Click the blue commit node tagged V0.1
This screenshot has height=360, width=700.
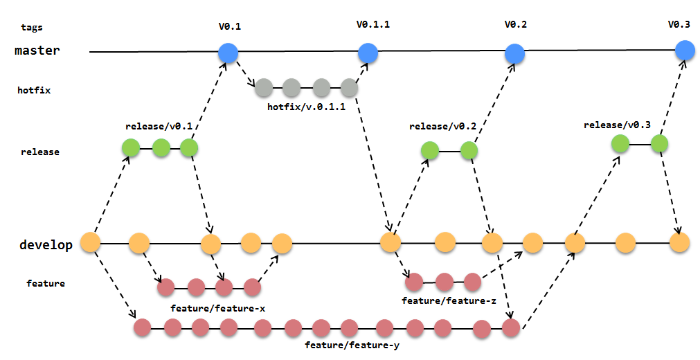pyautogui.click(x=228, y=53)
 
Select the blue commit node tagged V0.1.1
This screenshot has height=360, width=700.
pyautogui.click(x=368, y=53)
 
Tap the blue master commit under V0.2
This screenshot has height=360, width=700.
pyautogui.click(x=514, y=53)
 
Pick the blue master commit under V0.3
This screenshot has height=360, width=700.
pyautogui.click(x=685, y=50)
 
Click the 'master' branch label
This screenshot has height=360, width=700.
pyautogui.click(x=37, y=51)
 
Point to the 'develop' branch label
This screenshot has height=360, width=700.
pyautogui.click(x=46, y=245)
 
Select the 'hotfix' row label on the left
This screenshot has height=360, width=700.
pyautogui.click(x=34, y=90)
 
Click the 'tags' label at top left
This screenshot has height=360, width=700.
pyautogui.click(x=32, y=28)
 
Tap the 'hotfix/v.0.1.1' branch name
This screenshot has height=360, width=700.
pyautogui.click(x=306, y=107)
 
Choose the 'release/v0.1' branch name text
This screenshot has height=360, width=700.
pyautogui.click(x=159, y=127)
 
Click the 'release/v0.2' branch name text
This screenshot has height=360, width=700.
pyautogui.click(x=442, y=127)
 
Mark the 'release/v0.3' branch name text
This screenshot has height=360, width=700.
pyautogui.click(x=617, y=125)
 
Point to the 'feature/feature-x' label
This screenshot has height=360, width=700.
pyautogui.click(x=217, y=307)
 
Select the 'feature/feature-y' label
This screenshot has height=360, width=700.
pyautogui.click(x=352, y=345)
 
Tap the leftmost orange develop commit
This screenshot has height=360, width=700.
pyautogui.click(x=91, y=242)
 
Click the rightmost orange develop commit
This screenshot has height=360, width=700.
pyautogui.click(x=679, y=242)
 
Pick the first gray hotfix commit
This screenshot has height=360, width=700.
pyautogui.click(x=264, y=88)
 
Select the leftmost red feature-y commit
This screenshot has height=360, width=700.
pyautogui.click(x=143, y=327)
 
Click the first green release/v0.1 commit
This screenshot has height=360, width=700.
pyautogui.click(x=131, y=147)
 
